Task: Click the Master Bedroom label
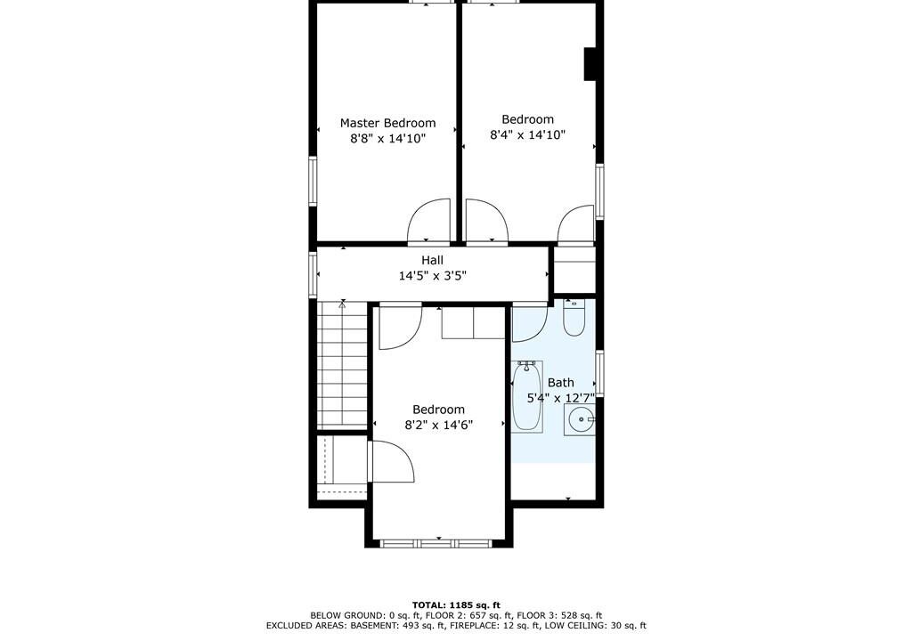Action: pos(387,124)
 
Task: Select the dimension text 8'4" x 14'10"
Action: pos(527,135)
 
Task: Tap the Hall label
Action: pos(432,260)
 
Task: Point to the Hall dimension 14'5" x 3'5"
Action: pos(432,276)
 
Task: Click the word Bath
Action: pos(561,383)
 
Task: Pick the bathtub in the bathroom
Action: pos(527,397)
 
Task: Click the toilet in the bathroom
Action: pos(574,318)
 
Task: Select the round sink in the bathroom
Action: pos(579,419)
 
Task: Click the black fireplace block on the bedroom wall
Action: pos(590,63)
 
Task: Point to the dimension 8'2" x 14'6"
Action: pos(438,426)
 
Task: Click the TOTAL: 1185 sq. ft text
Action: pos(456,604)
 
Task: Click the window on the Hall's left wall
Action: pos(313,274)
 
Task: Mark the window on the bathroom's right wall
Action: pos(599,373)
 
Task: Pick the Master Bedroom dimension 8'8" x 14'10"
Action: pos(388,138)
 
